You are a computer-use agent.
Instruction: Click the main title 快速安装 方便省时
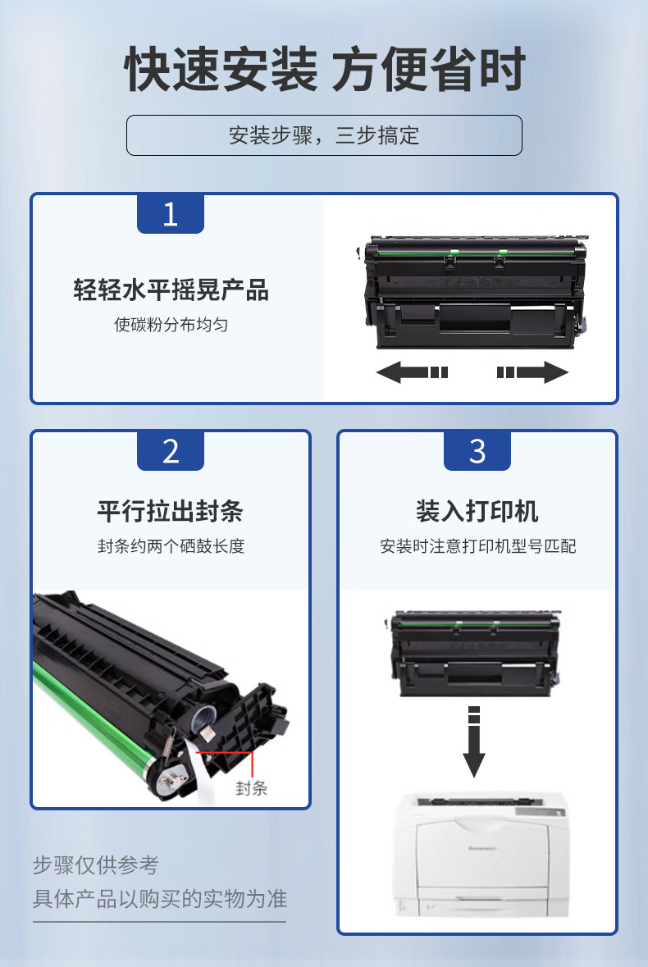click(324, 69)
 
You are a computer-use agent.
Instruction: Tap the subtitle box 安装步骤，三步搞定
click(324, 135)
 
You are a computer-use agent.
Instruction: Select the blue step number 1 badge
click(170, 214)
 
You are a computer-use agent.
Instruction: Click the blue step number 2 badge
click(170, 451)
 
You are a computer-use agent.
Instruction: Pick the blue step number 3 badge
click(477, 451)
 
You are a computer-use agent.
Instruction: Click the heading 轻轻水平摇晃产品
click(171, 290)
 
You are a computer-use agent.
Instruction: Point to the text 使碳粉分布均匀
click(171, 325)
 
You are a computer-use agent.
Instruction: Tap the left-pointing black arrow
click(412, 372)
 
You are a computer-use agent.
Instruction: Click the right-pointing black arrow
click(532, 372)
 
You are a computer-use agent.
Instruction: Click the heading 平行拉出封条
click(170, 511)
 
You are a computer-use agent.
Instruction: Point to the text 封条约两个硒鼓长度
click(171, 545)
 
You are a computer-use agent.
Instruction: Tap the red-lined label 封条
click(251, 787)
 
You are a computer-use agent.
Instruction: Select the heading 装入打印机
click(477, 511)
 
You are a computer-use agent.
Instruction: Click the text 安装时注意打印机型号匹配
click(478, 545)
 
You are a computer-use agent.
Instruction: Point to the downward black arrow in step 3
click(473, 741)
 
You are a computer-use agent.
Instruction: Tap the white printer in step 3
click(481, 854)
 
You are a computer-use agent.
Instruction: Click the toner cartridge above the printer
click(475, 654)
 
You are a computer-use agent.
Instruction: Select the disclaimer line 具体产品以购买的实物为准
click(160, 899)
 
